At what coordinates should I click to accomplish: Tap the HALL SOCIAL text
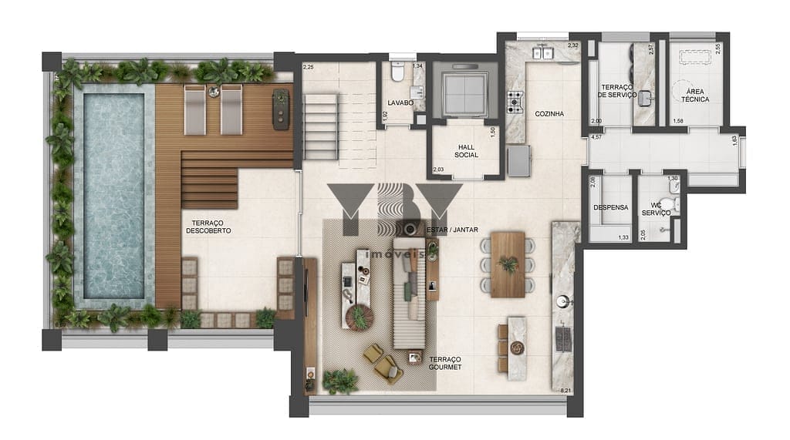pyautogui.click(x=466, y=150)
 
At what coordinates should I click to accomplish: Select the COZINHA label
pyautogui.click(x=549, y=113)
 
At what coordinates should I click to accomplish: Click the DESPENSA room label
pyautogui.click(x=610, y=207)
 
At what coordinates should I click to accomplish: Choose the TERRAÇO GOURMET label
pyautogui.click(x=445, y=363)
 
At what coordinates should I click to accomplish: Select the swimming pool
pyautogui.click(x=113, y=196)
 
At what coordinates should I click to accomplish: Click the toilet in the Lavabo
pyautogui.click(x=397, y=72)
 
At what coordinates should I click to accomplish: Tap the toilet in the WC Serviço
pyautogui.click(x=675, y=205)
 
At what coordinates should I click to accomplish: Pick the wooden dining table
pyautogui.click(x=508, y=264)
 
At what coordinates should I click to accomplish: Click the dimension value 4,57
pyautogui.click(x=596, y=137)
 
